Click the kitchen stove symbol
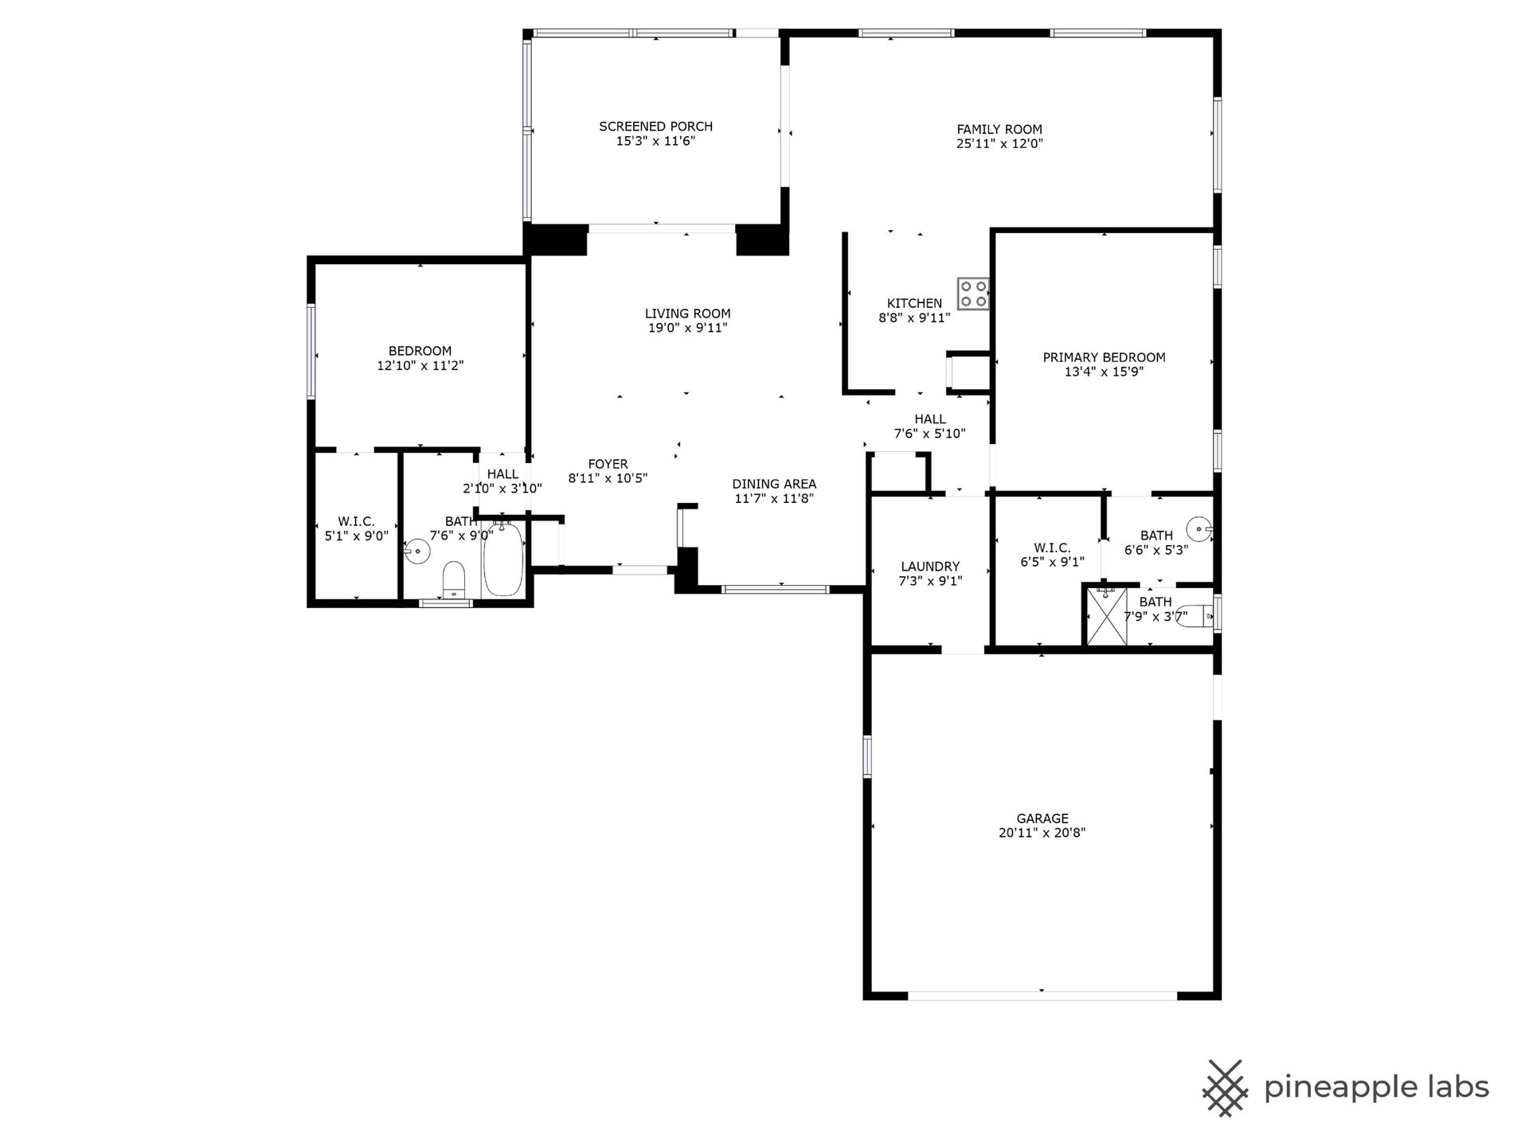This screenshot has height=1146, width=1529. coord(973,294)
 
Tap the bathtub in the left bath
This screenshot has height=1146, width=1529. coord(503,559)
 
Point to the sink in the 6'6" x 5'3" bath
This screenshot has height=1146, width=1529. coord(1198,528)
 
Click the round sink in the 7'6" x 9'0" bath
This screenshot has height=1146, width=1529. coord(416,551)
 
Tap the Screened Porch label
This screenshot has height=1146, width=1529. coord(655,127)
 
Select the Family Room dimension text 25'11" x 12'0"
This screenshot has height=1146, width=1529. coord(999,144)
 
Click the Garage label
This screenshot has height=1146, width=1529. coord(1042,818)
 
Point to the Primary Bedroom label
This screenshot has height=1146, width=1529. coord(1104,357)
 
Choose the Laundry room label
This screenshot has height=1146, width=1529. coord(930,567)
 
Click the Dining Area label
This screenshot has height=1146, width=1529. coord(774,484)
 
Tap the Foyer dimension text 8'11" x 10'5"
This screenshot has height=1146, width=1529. coord(608,478)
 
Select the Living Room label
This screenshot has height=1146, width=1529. coord(687,314)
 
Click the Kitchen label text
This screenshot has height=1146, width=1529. coord(914,303)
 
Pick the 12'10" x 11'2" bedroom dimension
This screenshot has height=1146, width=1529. coord(420,365)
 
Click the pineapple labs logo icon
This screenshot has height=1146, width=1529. coord(1225,1088)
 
